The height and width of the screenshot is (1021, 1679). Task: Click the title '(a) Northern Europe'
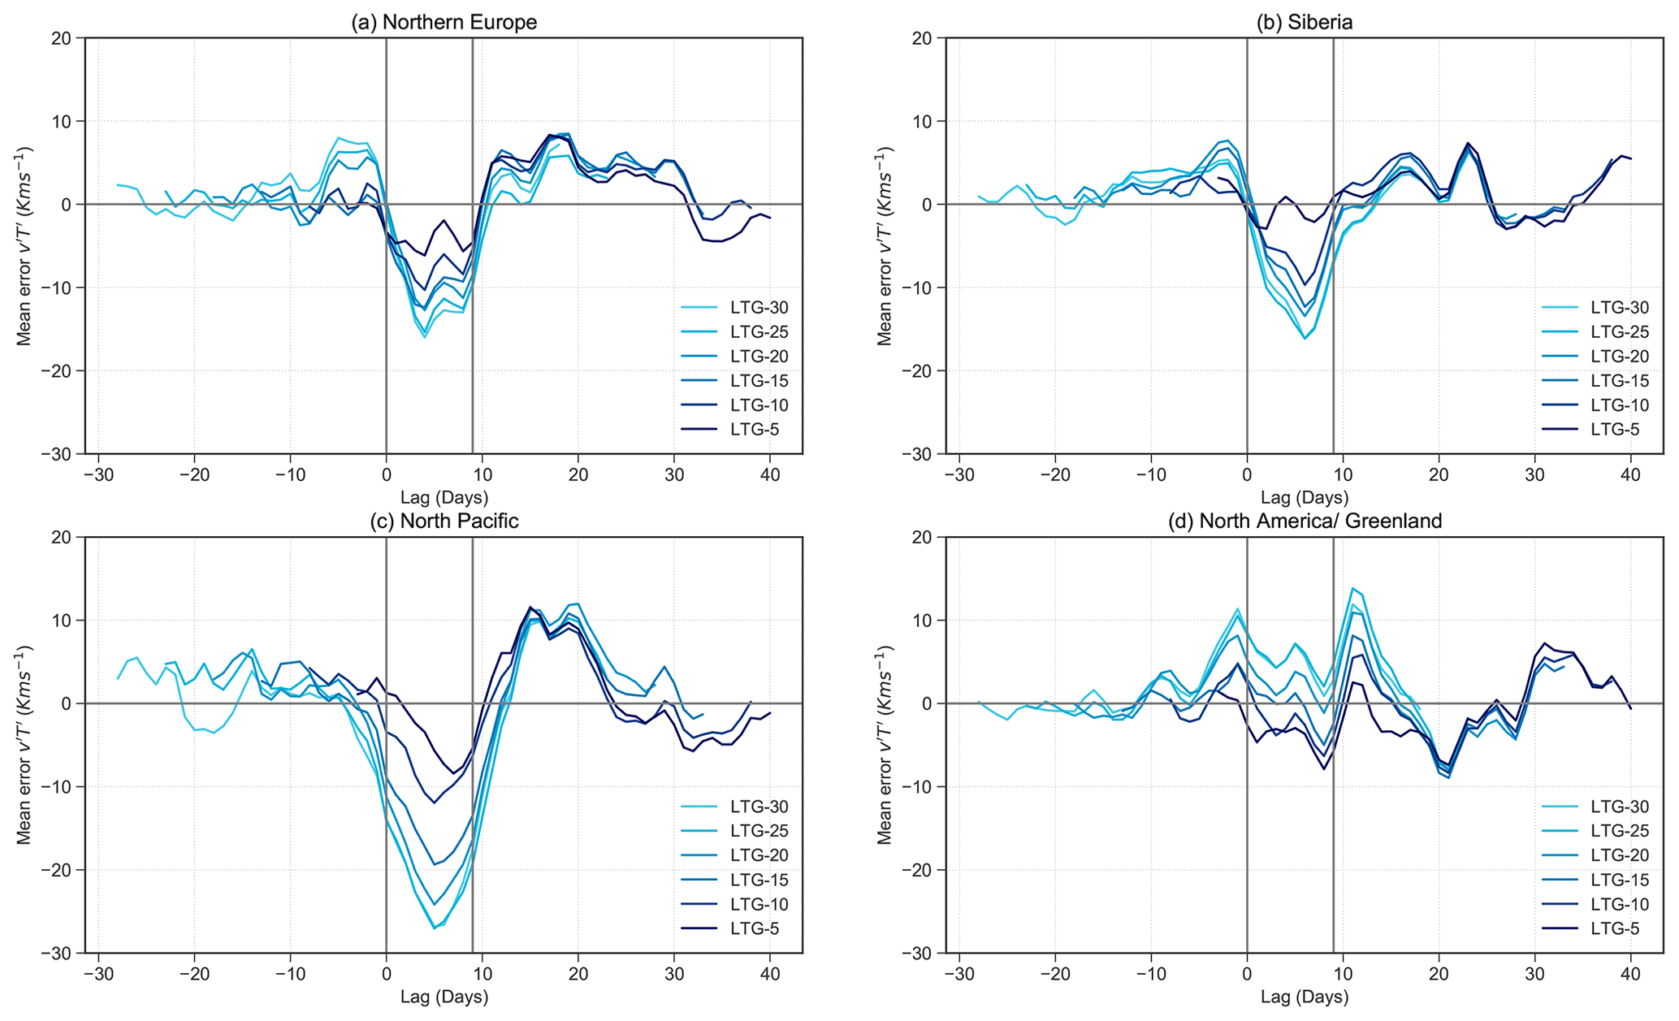(444, 22)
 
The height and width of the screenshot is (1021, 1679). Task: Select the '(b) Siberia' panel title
(1305, 22)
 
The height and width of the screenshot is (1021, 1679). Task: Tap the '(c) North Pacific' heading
(444, 521)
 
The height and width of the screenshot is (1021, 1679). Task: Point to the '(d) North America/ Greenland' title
(1305, 521)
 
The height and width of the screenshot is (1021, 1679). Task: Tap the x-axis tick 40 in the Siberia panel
(1630, 474)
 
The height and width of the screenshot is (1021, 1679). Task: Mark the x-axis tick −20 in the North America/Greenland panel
(1054, 972)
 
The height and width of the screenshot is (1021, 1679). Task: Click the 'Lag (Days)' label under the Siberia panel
(1305, 497)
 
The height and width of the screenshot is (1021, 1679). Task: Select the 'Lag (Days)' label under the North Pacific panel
(444, 997)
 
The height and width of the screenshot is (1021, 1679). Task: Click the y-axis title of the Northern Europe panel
(24, 245)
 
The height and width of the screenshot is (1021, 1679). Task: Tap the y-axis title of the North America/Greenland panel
(885, 744)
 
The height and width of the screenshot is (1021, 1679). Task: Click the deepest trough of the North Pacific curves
(435, 928)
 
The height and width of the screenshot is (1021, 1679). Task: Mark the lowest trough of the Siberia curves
(1305, 338)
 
